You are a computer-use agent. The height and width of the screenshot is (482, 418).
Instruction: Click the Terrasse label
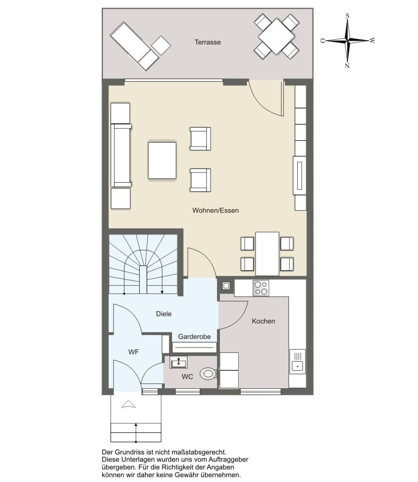207,42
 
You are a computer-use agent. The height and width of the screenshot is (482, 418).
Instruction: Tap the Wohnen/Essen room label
216,210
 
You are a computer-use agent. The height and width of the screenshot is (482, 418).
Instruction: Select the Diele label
163,314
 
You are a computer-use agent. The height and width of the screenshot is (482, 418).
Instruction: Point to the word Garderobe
194,336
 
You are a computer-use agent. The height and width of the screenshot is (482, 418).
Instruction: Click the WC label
187,377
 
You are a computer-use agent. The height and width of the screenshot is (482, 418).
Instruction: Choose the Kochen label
263,321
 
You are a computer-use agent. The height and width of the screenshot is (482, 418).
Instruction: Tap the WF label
133,352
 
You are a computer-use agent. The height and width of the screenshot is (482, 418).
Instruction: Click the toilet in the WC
209,374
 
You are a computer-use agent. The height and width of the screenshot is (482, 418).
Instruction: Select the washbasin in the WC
179,363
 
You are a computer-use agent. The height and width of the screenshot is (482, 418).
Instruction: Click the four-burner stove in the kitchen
261,288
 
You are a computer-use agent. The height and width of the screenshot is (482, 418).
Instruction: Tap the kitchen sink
298,362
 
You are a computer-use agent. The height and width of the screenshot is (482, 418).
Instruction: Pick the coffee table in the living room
162,160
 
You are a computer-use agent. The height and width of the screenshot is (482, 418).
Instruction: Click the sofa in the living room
121,155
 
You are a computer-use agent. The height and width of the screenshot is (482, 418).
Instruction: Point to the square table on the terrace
276,36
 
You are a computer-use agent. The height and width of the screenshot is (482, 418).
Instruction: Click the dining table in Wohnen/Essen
267,254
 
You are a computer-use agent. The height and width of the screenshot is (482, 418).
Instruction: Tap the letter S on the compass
347,15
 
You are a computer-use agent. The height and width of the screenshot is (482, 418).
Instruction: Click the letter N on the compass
347,65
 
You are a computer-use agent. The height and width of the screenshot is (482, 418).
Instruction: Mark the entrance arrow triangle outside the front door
129,404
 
